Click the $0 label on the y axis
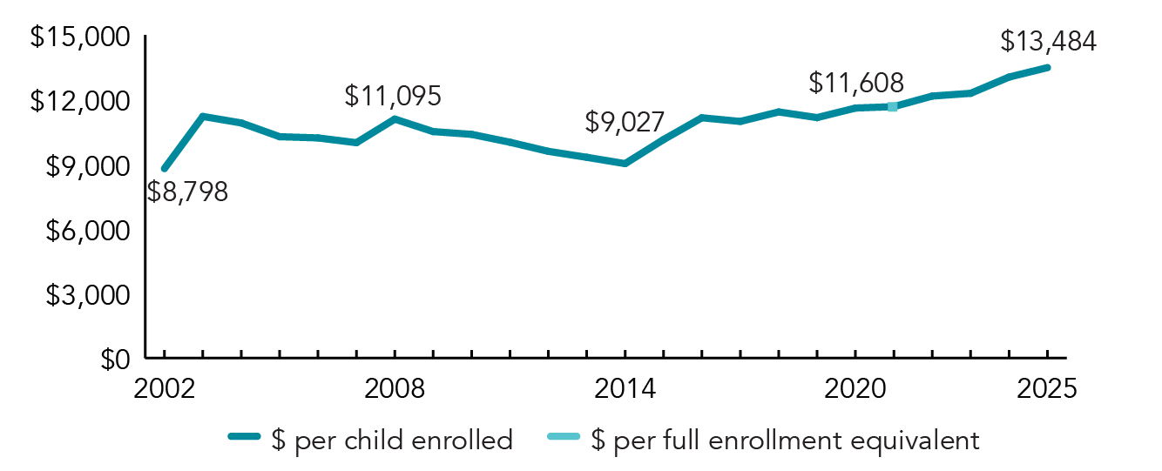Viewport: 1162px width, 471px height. pos(111,359)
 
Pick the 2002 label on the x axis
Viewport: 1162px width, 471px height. pos(164,389)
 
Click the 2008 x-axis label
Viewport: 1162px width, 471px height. pos(395,389)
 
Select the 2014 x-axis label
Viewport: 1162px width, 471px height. pos(625,389)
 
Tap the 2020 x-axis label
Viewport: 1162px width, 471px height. pos(855,389)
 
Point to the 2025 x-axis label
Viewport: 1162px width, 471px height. pos(1047,389)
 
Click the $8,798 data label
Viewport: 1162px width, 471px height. pos(187,192)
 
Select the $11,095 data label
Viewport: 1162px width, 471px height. pos(393,96)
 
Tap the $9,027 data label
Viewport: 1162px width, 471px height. pos(625,122)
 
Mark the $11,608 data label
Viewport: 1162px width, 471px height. pos(856,83)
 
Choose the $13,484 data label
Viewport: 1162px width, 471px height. pos(1048,41)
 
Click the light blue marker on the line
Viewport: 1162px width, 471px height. pos(892,106)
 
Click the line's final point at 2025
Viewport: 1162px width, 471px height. pos(1047,67)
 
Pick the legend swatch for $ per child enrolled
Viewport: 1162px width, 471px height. pos(245,440)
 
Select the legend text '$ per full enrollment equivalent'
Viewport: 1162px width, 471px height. pos(785,440)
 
